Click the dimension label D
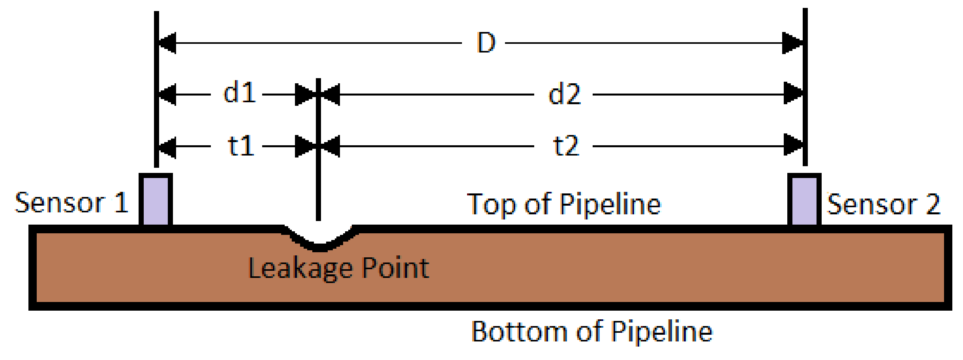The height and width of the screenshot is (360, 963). pos(486,43)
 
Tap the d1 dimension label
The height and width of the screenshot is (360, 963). pos(239,94)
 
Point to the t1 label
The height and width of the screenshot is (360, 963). pos(241,146)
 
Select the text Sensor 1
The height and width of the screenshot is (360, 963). pos(71,203)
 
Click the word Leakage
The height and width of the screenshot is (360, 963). pos(300,269)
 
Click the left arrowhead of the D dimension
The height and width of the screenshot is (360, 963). pos(167,43)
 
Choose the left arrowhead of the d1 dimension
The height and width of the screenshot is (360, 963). pos(167,94)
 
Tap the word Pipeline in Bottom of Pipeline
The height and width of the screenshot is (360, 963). pos(662,331)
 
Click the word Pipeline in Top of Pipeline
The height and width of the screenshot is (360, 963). pos(610,204)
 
